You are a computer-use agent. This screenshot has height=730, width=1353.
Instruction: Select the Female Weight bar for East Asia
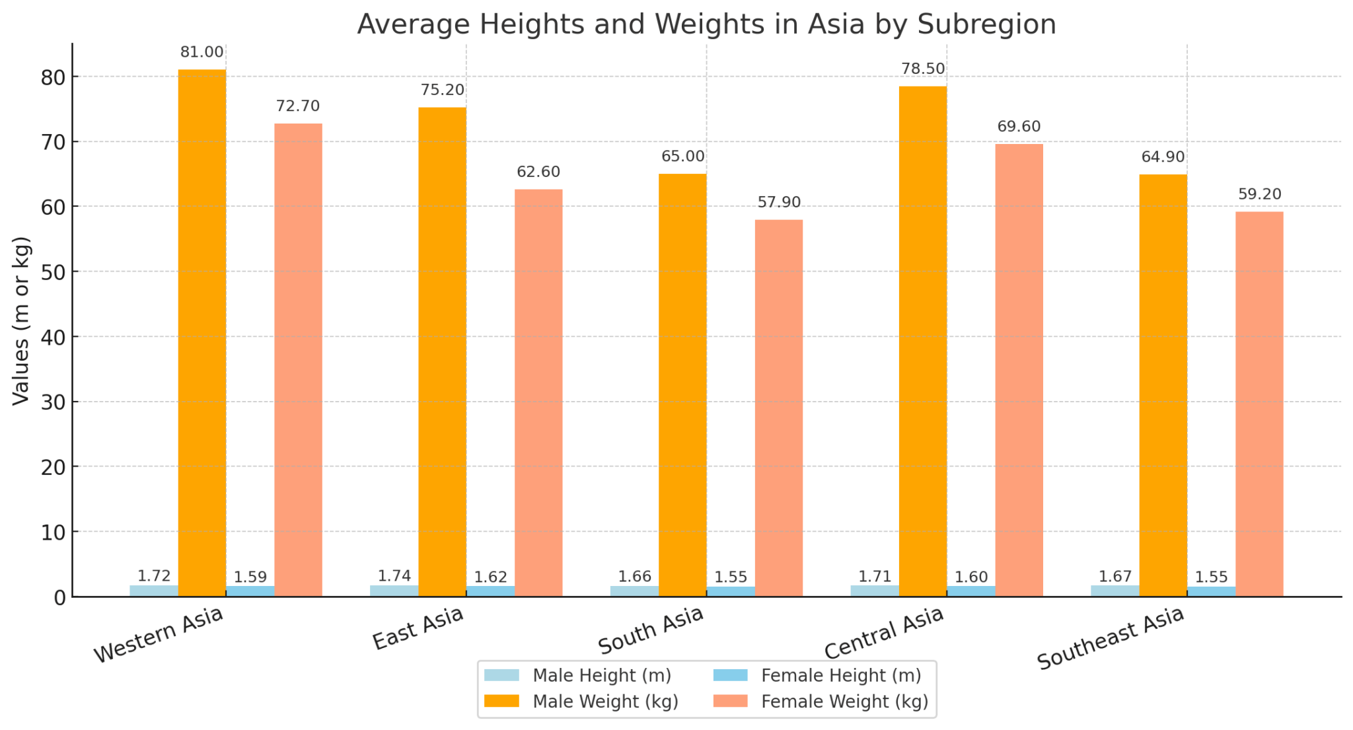pyautogui.click(x=538, y=393)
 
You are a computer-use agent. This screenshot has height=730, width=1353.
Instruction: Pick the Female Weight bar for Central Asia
pyautogui.click(x=1019, y=370)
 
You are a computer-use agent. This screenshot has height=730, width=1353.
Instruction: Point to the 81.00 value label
pyautogui.click(x=201, y=52)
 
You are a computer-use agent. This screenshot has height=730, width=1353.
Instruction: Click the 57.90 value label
pyautogui.click(x=779, y=202)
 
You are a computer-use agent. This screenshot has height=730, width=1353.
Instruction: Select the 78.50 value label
pyautogui.click(x=923, y=69)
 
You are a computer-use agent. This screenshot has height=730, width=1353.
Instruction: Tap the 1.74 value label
pyautogui.click(x=394, y=576)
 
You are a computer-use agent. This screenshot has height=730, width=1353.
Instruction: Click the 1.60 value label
pyautogui.click(x=970, y=577)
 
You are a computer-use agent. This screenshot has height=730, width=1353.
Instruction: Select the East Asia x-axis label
pyautogui.click(x=418, y=628)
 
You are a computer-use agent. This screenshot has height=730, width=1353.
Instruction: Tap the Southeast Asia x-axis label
pyautogui.click(x=1111, y=638)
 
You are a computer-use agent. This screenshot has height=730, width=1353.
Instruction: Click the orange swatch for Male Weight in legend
pyautogui.click(x=501, y=702)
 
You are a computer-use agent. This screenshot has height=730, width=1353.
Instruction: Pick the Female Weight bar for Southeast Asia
pyautogui.click(x=1259, y=404)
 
